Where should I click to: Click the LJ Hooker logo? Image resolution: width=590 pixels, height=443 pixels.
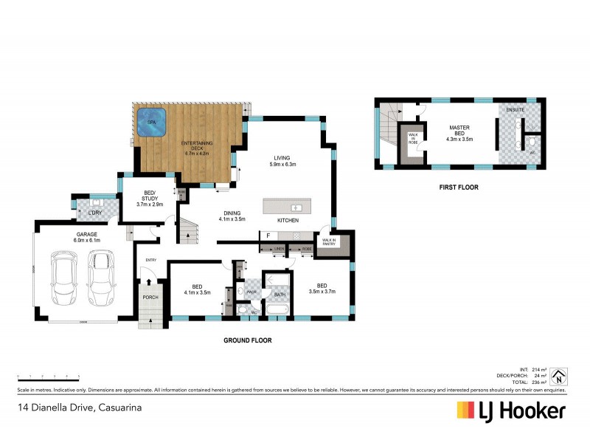pos(511,411)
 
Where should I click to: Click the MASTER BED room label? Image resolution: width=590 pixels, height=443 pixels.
pos(460,132)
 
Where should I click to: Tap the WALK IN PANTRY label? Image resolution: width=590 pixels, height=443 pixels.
pos(329,241)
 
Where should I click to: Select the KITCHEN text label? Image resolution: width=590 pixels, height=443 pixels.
pos(287,221)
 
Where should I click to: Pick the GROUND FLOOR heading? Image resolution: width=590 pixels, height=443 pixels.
pos(248,340)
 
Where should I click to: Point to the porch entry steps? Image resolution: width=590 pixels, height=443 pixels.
pos(150,320)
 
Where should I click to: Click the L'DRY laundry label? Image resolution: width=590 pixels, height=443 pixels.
pos(94,213)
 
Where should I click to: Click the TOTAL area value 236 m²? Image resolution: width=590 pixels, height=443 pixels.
pos(540,382)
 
